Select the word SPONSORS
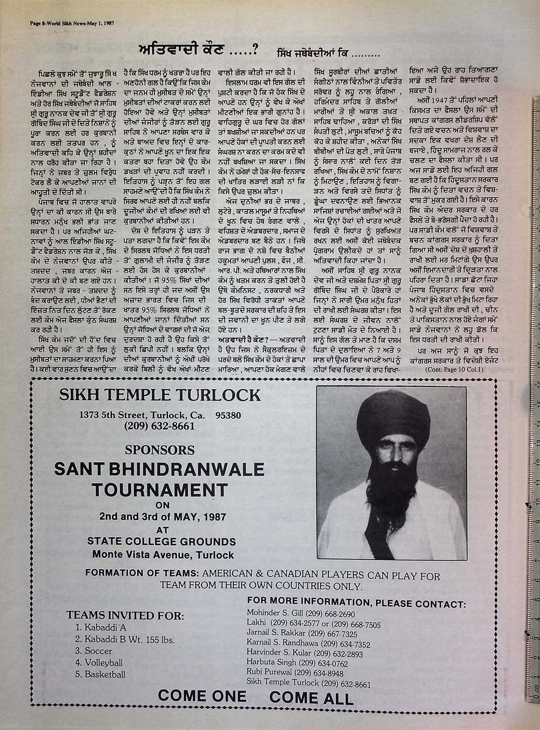pos(159,449)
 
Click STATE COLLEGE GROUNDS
pos(163,541)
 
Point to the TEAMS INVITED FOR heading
pos(124,615)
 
